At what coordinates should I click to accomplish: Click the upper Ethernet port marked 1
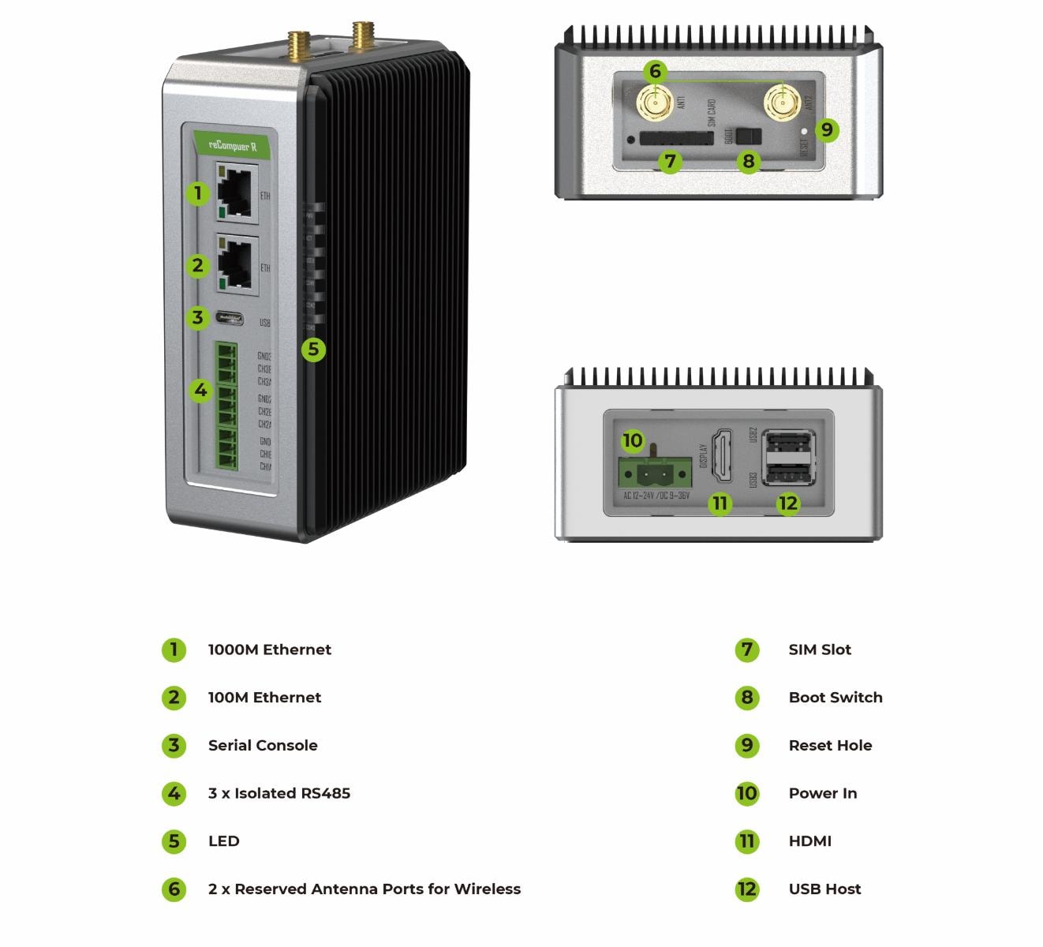tap(236, 192)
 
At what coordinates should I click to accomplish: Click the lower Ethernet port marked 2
tap(236, 265)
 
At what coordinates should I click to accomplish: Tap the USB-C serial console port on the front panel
tap(235, 320)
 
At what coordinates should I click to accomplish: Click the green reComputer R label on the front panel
tap(234, 145)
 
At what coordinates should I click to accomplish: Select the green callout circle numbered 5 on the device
tap(313, 349)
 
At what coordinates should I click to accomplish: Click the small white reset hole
tap(804, 132)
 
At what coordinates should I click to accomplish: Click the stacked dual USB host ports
tap(788, 458)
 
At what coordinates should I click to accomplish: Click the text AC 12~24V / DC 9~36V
tap(656, 496)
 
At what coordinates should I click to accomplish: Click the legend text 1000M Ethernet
tap(269, 649)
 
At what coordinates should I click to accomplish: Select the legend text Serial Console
tap(263, 745)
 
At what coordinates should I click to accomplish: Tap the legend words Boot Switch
tap(835, 698)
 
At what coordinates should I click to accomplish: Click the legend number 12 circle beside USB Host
tap(746, 889)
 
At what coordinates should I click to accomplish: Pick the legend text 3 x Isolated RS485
tap(279, 793)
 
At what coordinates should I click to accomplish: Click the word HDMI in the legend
tap(809, 841)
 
